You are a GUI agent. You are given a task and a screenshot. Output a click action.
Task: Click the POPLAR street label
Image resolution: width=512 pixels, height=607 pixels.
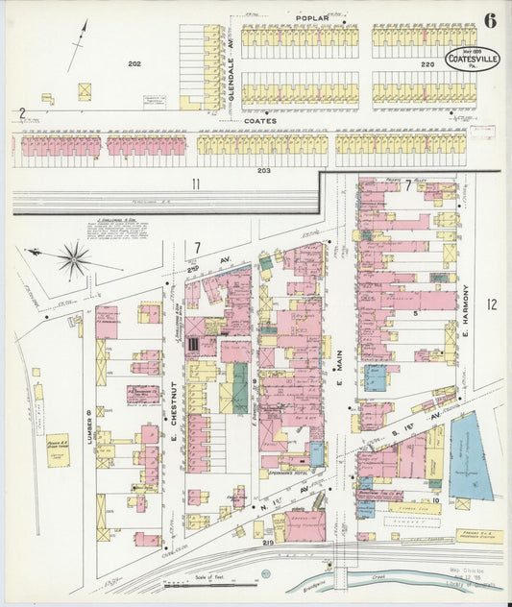(311, 17)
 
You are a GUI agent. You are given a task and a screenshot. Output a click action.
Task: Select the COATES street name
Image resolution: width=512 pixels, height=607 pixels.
(260, 121)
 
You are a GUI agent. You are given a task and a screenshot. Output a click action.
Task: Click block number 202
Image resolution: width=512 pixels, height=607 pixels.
(134, 63)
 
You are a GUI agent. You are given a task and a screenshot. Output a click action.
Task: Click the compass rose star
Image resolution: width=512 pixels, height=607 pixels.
(74, 257)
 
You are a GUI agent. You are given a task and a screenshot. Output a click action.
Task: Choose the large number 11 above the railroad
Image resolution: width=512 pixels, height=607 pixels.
(195, 182)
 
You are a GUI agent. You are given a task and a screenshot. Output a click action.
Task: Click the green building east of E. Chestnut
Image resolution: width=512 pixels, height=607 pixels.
(237, 388)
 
